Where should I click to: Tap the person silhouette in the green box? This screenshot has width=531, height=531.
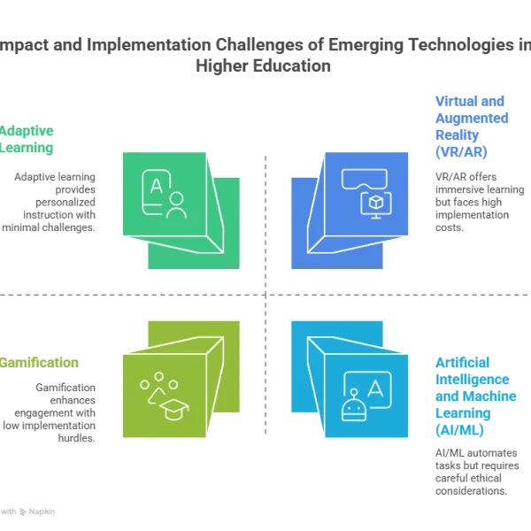pos(175,205)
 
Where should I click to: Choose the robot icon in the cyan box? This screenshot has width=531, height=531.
pos(354,407)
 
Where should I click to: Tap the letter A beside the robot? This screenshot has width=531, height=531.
pos(374,388)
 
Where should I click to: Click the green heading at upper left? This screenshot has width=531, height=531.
pos(28,141)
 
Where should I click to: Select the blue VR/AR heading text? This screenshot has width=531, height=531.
pos(459,126)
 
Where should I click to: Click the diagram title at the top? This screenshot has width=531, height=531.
pos(265,55)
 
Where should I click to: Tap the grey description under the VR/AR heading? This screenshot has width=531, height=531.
pos(468,200)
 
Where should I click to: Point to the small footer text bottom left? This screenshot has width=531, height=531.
pos(28,511)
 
